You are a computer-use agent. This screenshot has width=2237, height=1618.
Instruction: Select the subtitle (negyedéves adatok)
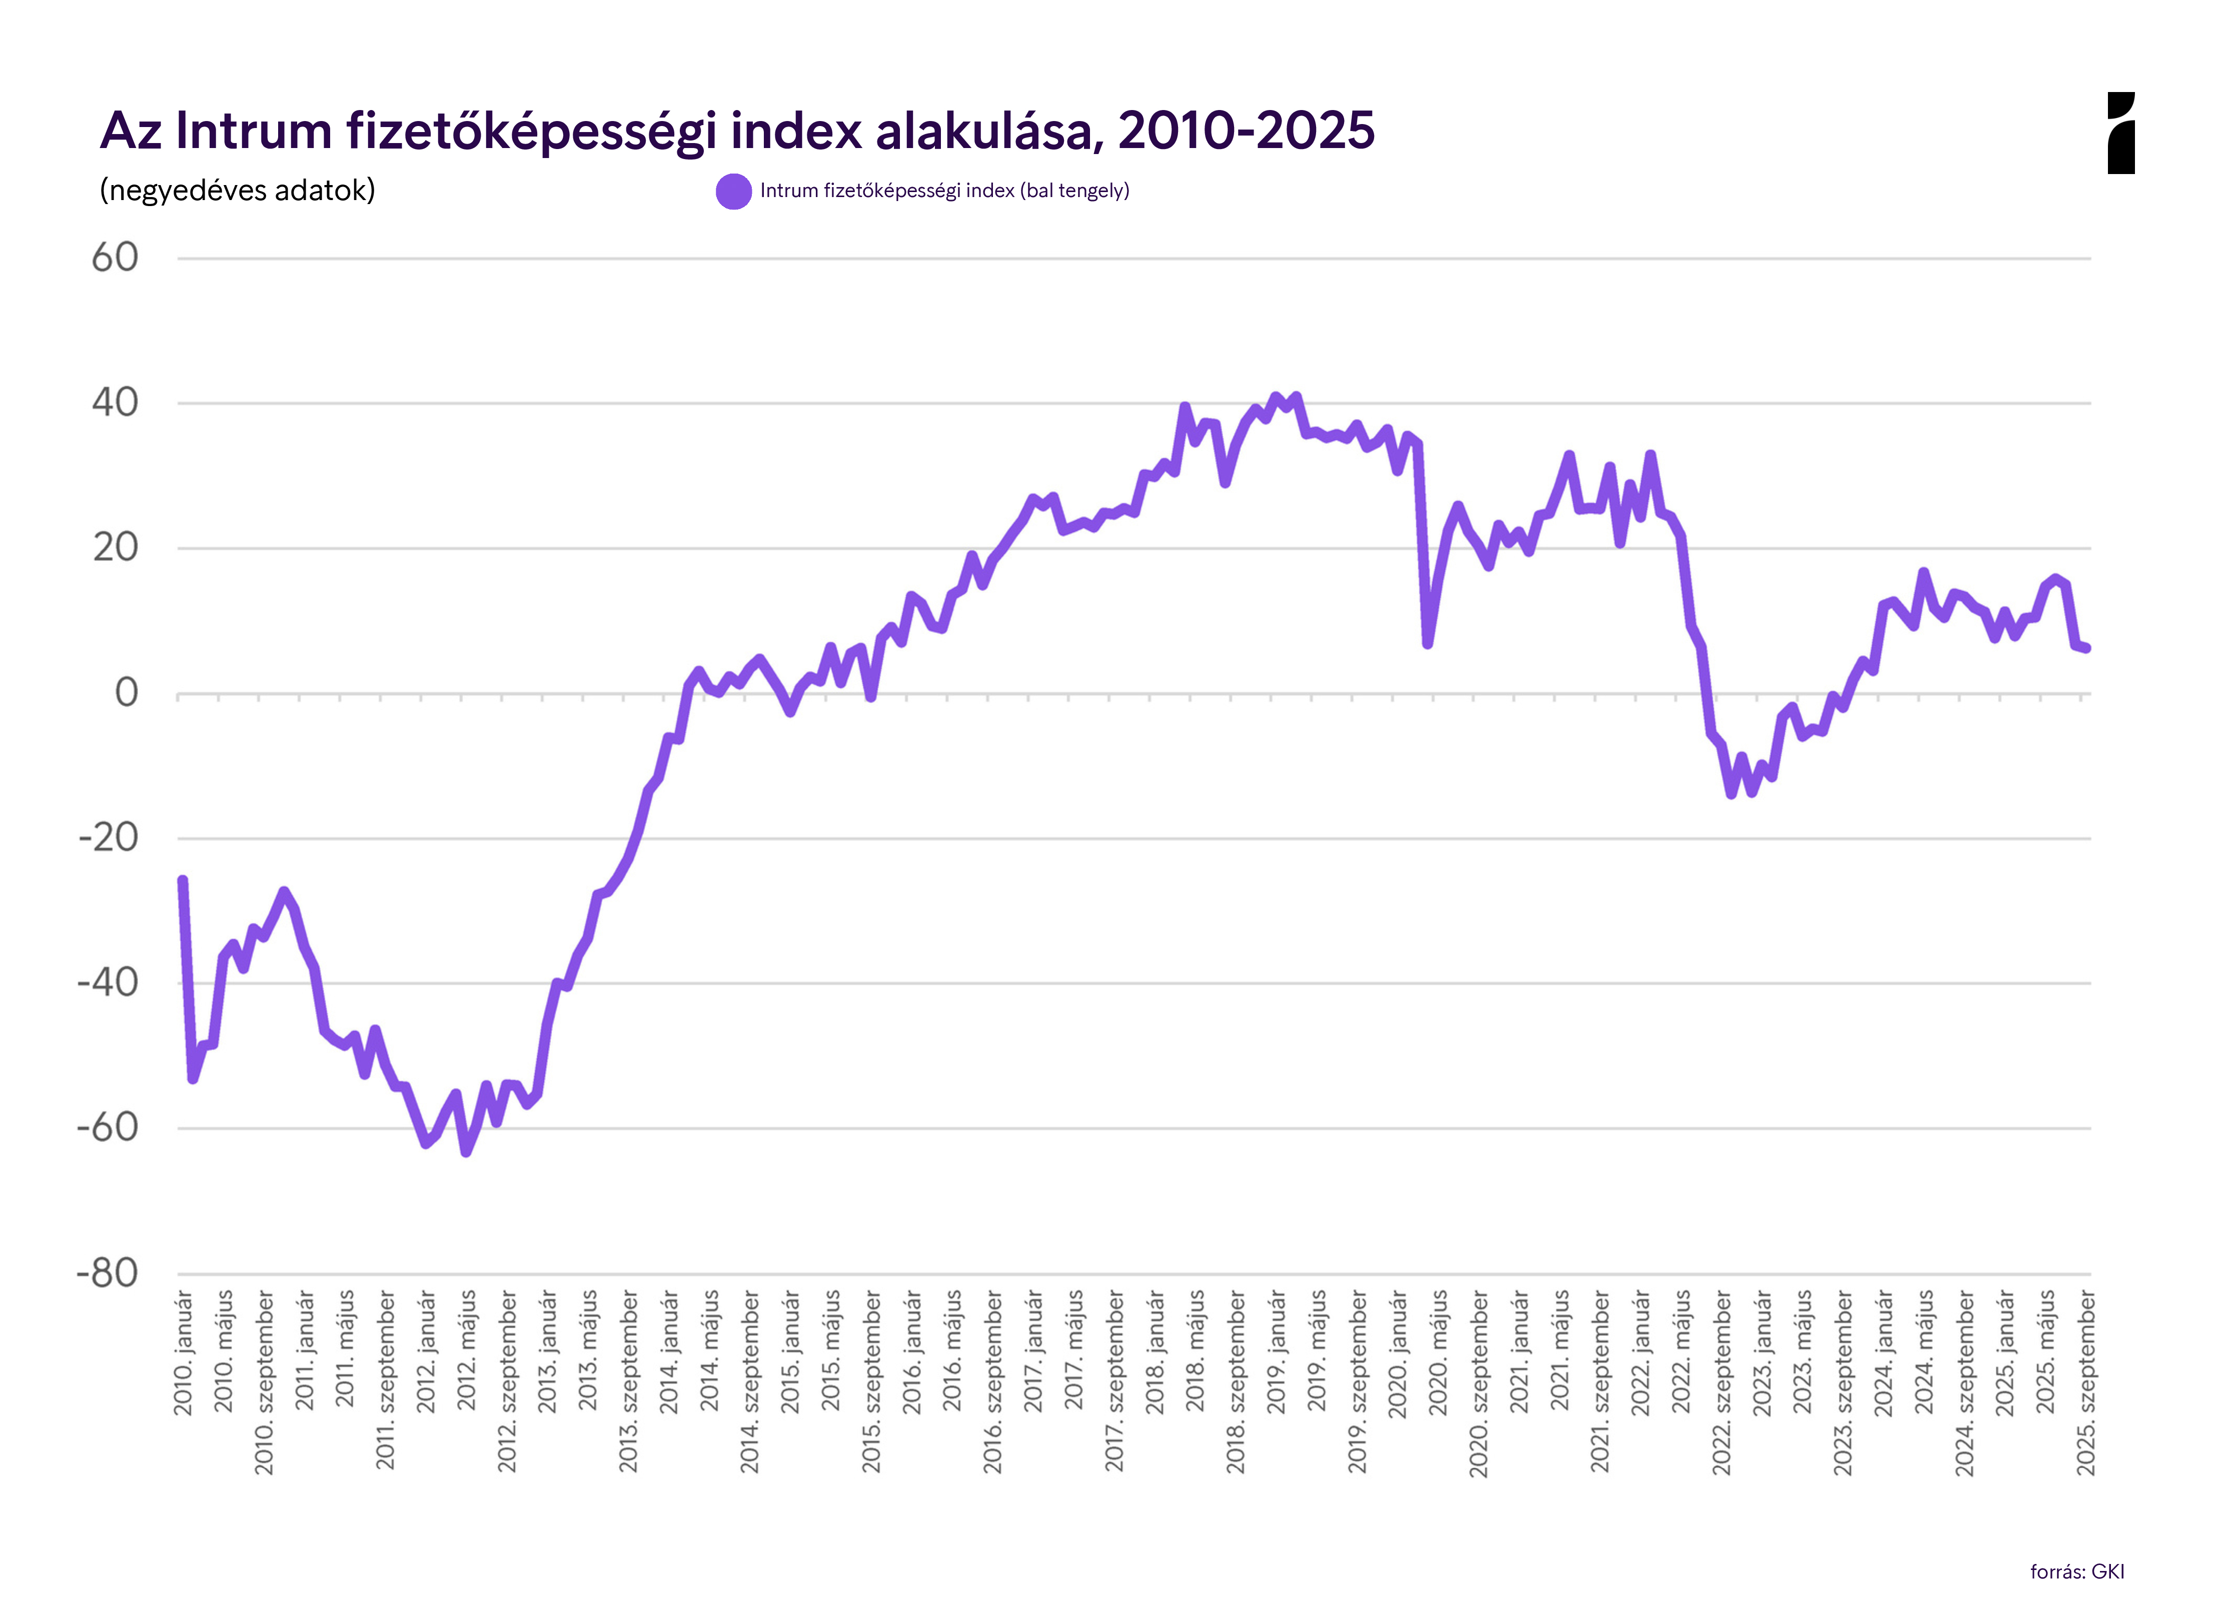(x=238, y=190)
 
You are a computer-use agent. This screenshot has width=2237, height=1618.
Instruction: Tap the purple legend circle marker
(x=734, y=191)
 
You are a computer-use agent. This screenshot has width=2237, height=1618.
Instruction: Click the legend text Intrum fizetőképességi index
(x=944, y=190)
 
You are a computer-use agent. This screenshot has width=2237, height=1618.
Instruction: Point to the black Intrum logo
(x=2120, y=133)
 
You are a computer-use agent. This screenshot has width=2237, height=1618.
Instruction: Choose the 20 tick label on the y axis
(x=116, y=548)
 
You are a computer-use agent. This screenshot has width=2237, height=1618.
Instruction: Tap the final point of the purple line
(x=2086, y=648)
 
